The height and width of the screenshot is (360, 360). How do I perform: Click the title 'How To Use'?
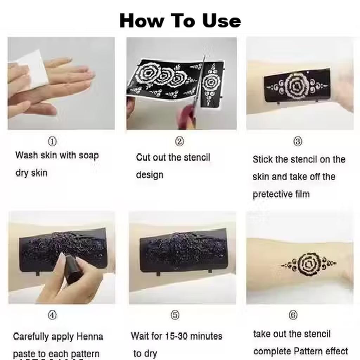coord(180,21)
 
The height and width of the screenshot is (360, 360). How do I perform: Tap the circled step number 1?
coord(52,141)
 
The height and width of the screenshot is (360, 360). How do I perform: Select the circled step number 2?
coord(180,141)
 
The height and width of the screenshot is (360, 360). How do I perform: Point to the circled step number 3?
coord(298,141)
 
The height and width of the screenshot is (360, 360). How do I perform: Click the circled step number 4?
coord(52,315)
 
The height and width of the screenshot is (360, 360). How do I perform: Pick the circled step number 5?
coord(175,315)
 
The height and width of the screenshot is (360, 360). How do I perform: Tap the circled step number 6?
coord(293,315)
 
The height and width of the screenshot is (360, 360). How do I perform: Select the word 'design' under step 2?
coord(150,175)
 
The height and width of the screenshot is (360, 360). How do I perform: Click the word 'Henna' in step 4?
coord(90,336)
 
